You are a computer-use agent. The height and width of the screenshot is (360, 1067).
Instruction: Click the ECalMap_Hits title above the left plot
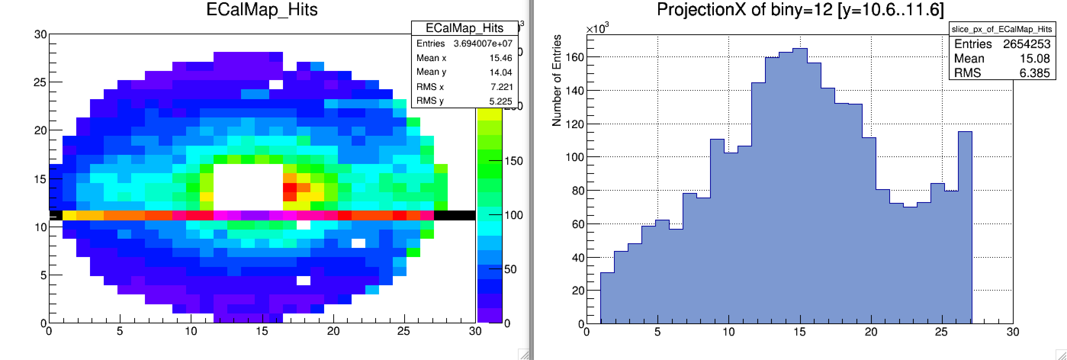[x=262, y=10]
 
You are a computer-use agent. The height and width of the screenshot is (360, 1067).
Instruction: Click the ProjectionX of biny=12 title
[x=800, y=10]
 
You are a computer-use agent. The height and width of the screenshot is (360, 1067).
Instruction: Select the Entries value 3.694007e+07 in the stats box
[x=482, y=43]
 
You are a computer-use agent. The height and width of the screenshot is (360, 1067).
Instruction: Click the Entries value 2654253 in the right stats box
[x=1027, y=44]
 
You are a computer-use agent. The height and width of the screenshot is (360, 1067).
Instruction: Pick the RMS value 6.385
[x=1034, y=73]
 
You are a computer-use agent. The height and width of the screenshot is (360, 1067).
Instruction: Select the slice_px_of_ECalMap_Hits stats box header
[x=1001, y=29]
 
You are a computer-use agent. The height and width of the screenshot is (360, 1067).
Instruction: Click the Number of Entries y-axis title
[x=557, y=80]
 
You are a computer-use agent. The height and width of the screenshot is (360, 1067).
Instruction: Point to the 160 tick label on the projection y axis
[x=575, y=57]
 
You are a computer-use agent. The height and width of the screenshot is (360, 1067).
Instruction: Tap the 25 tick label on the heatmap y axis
[x=40, y=82]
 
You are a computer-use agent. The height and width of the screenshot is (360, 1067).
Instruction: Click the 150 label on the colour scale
[x=514, y=161]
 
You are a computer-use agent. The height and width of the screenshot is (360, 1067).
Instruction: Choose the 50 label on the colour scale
[x=510, y=269]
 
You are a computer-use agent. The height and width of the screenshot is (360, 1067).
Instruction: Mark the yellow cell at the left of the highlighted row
[x=69, y=215]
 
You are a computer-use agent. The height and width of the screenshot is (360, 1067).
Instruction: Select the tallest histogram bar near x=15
[x=800, y=186]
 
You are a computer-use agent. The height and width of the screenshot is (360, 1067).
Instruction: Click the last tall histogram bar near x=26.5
[x=965, y=228]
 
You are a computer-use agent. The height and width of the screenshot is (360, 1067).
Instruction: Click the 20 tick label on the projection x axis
[x=871, y=332]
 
